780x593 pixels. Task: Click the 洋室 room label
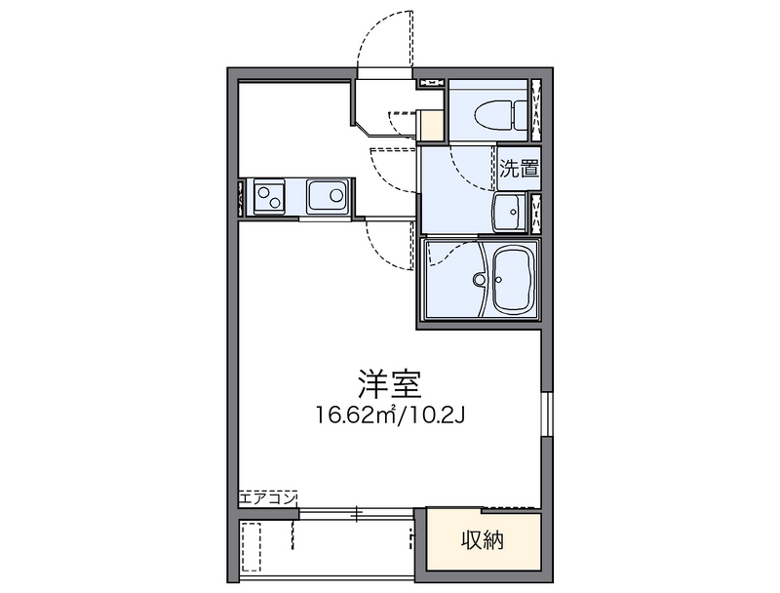pos(389,384)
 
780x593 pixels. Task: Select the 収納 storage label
pos(483,540)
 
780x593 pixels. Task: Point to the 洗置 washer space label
pos(520,169)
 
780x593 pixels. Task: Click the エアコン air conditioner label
pos(267,498)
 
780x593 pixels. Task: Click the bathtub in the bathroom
pos(514,280)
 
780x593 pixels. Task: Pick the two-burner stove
pos(269,196)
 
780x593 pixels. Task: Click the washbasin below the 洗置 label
pos(509,212)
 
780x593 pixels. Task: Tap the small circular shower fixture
pos(480,279)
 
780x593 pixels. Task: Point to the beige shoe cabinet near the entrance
pos(431,126)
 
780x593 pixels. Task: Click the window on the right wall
pos(546,414)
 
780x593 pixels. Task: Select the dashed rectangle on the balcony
pos(252,547)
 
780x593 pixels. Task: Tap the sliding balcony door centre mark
pos(356,514)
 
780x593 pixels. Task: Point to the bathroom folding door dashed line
pos(448,252)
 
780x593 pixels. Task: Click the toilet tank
pos(521,113)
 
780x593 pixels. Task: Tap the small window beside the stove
pos(241,197)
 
